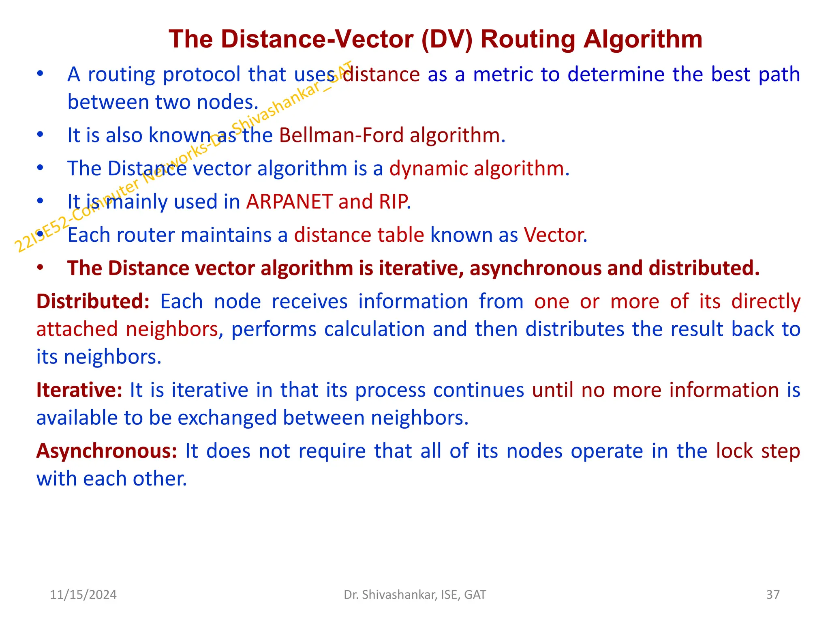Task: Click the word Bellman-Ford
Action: coord(341,135)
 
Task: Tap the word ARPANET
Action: coord(289,202)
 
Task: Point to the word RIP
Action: coord(393,202)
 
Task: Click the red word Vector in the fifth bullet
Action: coord(554,235)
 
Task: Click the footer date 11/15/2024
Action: coord(83,595)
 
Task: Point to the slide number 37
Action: coord(773,595)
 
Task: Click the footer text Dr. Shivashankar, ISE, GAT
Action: coord(415,595)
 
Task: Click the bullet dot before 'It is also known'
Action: coord(40,134)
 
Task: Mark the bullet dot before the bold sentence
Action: coord(40,268)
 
